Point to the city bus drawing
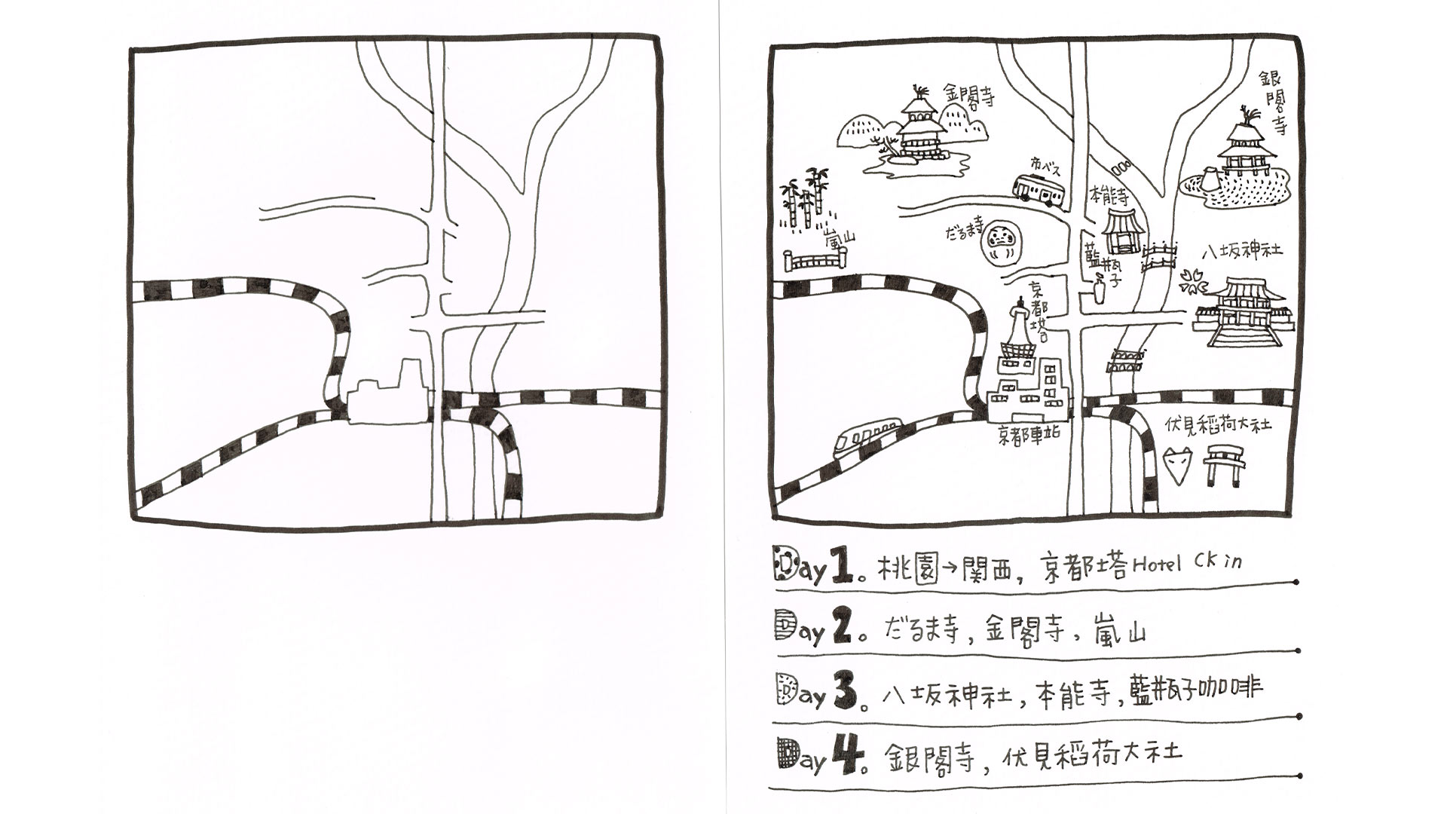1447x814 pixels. [x=1038, y=189]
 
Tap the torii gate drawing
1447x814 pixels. [x=1223, y=464]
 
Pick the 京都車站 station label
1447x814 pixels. [x=1029, y=434]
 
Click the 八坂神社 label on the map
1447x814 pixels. [x=1241, y=252]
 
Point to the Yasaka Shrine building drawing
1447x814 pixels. [x=1243, y=312]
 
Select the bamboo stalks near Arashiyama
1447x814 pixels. [x=803, y=197]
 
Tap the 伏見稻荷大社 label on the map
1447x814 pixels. [x=1218, y=425]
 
